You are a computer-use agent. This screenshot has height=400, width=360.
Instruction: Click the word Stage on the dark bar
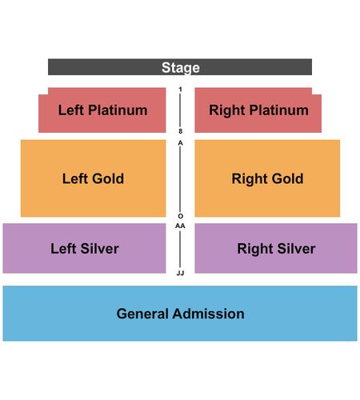tap(181, 67)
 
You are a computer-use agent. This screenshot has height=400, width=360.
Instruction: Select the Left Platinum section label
tap(102, 110)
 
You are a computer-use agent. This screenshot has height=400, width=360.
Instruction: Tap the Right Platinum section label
tap(258, 110)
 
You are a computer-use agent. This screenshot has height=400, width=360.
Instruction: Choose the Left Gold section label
tap(93, 178)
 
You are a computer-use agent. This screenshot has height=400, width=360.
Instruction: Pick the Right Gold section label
tap(267, 178)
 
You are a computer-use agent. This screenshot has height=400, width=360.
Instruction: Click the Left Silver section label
tap(85, 249)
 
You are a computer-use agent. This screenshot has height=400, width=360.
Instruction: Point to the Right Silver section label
tap(276, 249)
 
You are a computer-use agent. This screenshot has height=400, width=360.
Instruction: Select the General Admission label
tap(180, 314)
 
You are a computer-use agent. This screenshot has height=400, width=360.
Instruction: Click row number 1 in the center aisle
tap(180, 90)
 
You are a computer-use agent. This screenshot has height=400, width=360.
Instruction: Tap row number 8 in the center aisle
tap(180, 131)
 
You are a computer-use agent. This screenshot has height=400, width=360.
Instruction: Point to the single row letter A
tap(180, 143)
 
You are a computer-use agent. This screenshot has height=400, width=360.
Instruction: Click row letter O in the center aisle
tap(180, 216)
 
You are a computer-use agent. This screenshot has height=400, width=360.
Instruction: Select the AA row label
tap(180, 226)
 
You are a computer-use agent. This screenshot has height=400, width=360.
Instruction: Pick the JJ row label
tap(180, 273)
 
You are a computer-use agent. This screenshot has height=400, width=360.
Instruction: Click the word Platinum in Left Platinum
tap(118, 110)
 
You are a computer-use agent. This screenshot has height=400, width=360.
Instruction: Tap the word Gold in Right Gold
tap(287, 178)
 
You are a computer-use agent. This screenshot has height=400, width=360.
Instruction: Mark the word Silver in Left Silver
tap(99, 249)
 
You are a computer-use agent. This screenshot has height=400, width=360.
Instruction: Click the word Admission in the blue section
tap(208, 314)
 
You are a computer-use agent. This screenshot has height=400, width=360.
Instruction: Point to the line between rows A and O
tap(180, 179)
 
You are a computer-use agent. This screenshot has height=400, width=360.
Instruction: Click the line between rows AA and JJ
tap(180, 250)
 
